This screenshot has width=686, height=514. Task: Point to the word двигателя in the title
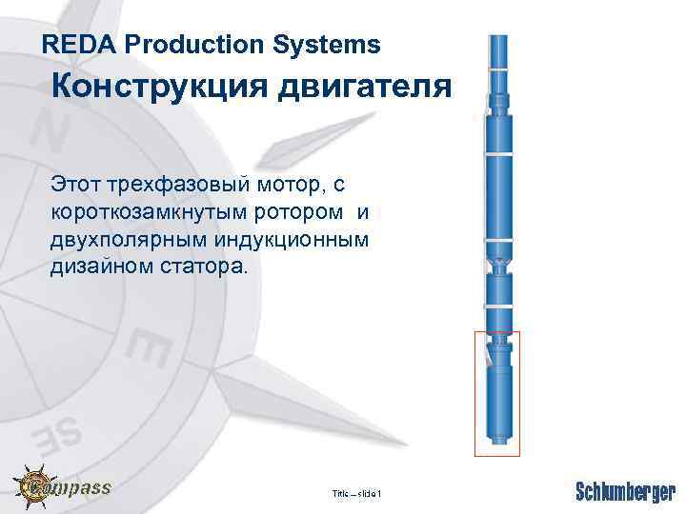363,88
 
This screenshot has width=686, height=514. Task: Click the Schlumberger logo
625,491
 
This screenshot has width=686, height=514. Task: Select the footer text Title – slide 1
356,493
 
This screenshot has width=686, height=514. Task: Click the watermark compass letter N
51,134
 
